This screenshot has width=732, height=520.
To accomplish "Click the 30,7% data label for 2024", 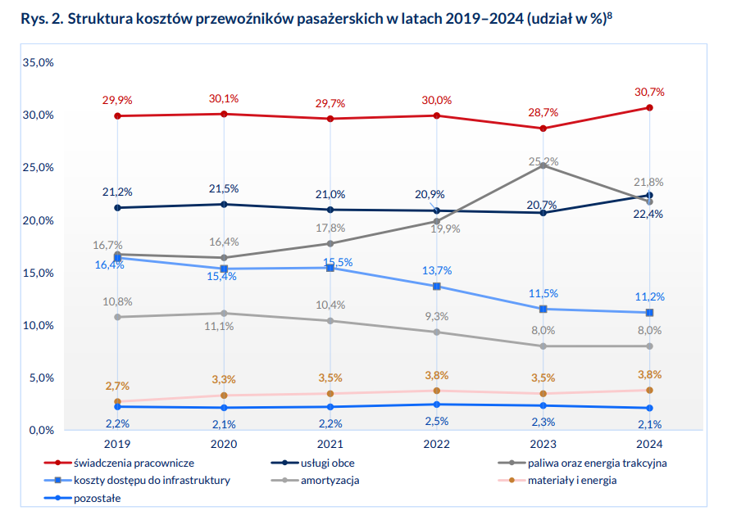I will click(x=649, y=92).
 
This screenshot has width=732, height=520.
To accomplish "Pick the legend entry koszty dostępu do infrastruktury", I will click(x=152, y=480).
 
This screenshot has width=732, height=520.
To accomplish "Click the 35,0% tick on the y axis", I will click(x=39, y=62).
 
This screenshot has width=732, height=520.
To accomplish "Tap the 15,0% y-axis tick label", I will click(x=39, y=273).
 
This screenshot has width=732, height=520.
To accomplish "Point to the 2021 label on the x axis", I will click(x=330, y=444).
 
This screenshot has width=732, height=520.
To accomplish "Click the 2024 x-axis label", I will click(x=649, y=444).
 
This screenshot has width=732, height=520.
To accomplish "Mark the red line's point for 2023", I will click(x=543, y=128).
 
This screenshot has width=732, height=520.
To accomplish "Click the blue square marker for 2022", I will click(x=436, y=287).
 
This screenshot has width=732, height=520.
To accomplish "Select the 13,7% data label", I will click(x=437, y=270).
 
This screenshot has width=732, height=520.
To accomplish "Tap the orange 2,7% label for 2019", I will click(x=117, y=386).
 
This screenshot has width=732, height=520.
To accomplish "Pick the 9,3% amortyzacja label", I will click(x=437, y=316).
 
